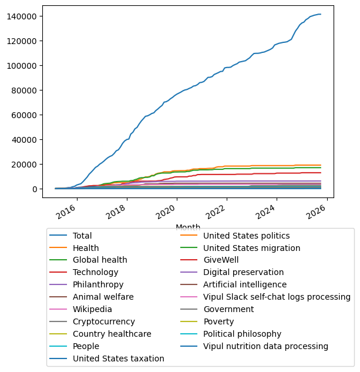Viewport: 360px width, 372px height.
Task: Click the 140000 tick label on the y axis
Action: point(23,16)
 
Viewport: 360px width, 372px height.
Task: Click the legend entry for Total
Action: point(85,236)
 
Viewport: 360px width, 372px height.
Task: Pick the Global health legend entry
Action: point(100,260)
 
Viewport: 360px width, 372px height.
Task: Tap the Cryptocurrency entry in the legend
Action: point(104,321)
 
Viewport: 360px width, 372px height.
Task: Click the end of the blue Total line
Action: point(321,14)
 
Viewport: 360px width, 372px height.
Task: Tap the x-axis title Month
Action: point(188,227)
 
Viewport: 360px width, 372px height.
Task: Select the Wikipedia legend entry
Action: point(92,309)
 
